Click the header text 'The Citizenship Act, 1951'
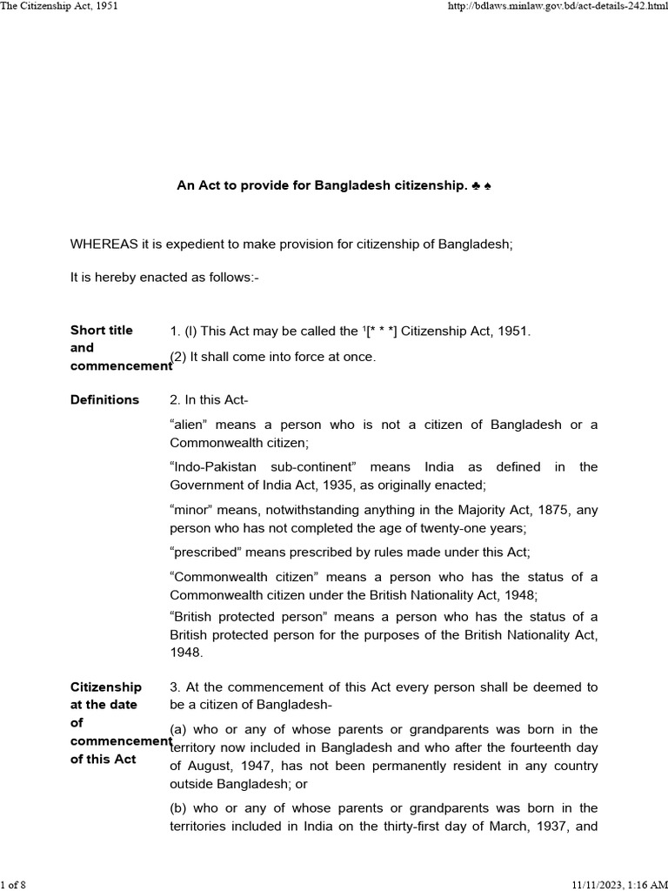59,6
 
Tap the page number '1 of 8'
15,885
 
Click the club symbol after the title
478,186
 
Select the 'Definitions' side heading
104,400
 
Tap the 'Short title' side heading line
102,331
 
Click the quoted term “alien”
191,425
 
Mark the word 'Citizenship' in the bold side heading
106,687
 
